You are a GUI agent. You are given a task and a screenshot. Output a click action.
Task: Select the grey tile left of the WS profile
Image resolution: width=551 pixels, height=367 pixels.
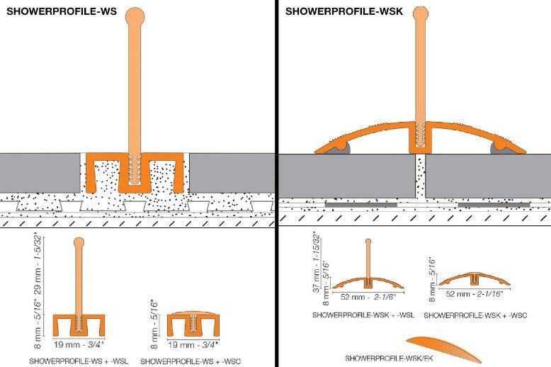tap(38, 172)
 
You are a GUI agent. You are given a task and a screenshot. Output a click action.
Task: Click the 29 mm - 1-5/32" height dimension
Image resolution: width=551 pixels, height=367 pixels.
tap(46, 273)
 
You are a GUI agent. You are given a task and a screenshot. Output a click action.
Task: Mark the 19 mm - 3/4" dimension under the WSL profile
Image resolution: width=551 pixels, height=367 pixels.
tap(79, 346)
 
